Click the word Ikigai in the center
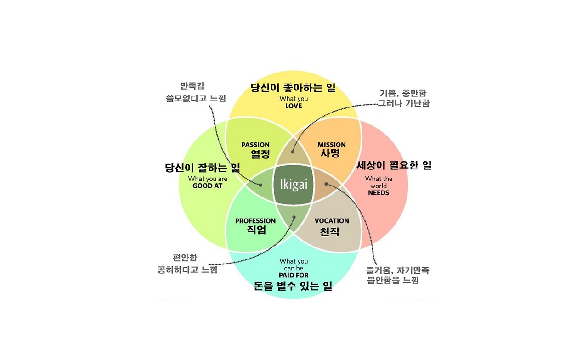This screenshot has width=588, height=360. click(294, 185)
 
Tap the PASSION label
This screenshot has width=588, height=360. click(255, 145)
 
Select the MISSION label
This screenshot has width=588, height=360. click(332, 145)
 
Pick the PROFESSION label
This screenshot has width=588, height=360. click(255, 221)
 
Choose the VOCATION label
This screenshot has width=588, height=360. click(332, 221)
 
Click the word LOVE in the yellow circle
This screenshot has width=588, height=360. click(294, 106)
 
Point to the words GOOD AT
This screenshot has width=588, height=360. click(208, 186)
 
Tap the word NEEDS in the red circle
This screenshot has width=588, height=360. click(379, 193)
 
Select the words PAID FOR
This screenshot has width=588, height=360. click(294, 275)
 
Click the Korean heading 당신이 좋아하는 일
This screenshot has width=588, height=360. click(293, 88)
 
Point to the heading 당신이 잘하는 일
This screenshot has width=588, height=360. click(203, 168)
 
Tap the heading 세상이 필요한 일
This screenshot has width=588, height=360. click(394, 166)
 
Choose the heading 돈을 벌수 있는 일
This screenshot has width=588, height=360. click(293, 287)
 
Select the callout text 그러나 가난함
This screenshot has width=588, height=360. click(403, 103)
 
